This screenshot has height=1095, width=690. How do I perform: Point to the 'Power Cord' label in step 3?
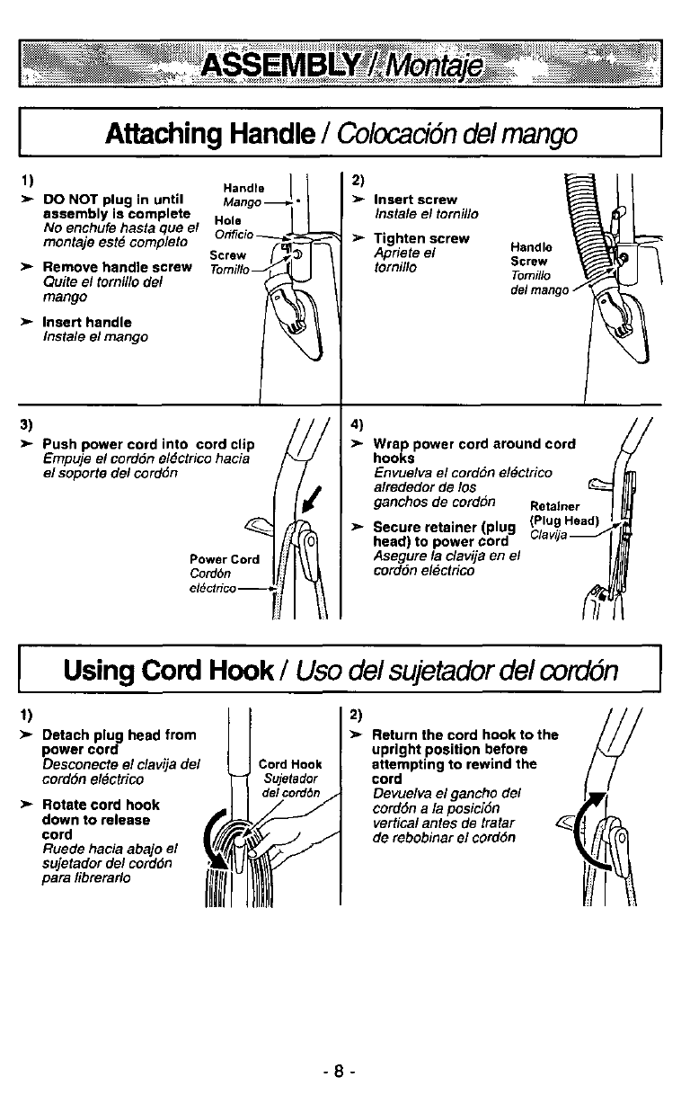click(x=224, y=558)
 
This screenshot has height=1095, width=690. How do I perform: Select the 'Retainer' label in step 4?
click(x=554, y=505)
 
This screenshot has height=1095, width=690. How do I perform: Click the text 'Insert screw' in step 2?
click(x=415, y=199)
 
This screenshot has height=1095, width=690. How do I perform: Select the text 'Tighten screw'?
click(x=420, y=238)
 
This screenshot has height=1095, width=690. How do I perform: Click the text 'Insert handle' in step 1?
click(x=87, y=322)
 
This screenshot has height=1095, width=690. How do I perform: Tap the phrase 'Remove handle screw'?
click(x=117, y=267)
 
